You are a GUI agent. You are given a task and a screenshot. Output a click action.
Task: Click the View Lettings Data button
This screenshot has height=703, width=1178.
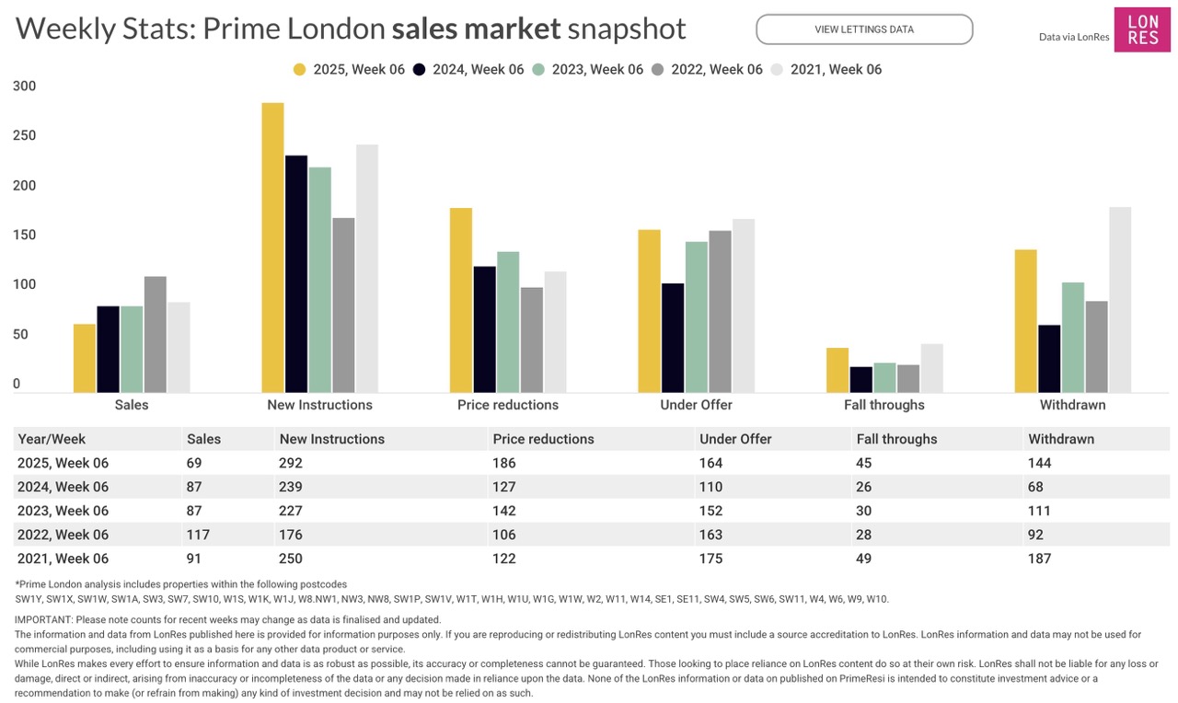864,29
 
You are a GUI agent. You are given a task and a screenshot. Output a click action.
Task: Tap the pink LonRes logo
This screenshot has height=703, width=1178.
1142,30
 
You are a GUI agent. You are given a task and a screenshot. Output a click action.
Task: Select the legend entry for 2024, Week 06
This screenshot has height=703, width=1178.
468,69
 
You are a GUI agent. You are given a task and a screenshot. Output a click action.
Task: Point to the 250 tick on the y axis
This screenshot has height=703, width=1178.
25,135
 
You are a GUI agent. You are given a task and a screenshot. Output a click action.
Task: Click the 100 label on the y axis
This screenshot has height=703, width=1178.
25,284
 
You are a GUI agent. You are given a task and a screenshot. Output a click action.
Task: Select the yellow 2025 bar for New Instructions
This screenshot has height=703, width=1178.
272,248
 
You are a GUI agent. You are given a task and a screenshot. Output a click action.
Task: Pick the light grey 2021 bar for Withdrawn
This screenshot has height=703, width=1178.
1120,300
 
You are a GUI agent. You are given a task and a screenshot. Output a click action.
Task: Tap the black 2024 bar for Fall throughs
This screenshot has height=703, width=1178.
861,379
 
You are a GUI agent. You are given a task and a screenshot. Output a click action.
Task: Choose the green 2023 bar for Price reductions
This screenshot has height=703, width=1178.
508,322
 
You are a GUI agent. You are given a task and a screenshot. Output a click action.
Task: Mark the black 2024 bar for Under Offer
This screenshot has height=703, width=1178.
673,338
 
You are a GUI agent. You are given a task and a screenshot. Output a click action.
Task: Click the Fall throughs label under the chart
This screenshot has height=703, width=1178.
884,405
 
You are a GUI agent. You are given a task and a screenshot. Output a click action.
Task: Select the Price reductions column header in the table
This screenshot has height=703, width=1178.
544,439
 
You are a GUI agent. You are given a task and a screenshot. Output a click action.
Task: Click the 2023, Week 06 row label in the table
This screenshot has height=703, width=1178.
64,511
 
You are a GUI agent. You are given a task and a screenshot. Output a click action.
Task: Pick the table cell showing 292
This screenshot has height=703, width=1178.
290,463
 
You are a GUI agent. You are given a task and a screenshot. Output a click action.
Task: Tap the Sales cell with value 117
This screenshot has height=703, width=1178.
198,535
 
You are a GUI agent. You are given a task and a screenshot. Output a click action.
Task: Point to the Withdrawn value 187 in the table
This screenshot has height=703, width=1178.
1040,559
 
